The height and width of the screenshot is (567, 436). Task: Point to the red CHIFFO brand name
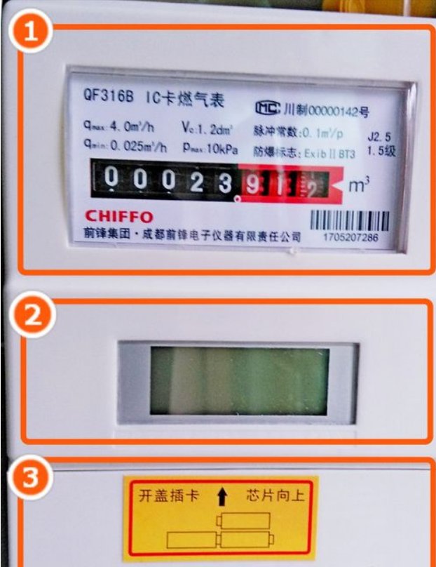(x=118, y=215)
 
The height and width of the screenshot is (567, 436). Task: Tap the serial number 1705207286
(x=350, y=239)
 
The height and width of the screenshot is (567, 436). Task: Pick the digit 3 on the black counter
(x=224, y=182)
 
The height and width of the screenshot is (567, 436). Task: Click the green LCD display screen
(x=239, y=380)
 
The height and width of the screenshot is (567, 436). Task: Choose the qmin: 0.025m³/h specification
(x=125, y=147)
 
